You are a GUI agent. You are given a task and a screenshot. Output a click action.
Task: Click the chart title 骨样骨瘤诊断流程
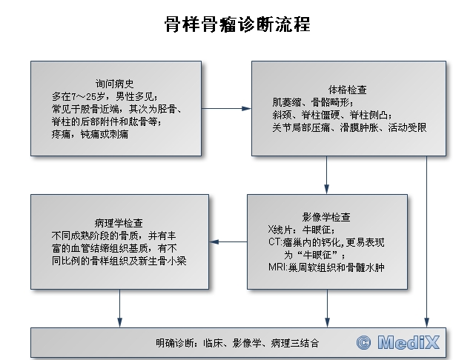[x=237, y=24]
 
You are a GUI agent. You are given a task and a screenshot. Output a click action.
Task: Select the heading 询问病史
[x=114, y=84]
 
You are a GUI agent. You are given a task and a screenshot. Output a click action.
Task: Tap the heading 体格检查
[x=347, y=90]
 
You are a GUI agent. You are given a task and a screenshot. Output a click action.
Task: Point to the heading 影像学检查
[x=326, y=217]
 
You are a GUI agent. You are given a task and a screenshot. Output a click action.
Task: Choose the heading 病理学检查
[x=119, y=223]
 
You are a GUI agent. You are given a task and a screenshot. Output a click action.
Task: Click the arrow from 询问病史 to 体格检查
[x=226, y=108]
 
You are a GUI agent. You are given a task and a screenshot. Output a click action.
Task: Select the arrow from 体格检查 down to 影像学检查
[x=327, y=175]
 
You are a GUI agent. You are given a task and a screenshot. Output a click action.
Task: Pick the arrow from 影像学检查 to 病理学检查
[x=228, y=241]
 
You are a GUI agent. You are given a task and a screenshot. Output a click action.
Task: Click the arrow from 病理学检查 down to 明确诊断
[x=119, y=308]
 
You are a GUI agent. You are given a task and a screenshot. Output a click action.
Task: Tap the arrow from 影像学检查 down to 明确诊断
[x=327, y=308]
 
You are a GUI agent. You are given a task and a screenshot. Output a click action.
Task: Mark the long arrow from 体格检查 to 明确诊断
[x=426, y=241]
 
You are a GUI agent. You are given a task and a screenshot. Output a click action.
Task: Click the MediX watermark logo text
[x=409, y=343]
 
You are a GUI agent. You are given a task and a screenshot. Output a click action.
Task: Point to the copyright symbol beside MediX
[x=364, y=343]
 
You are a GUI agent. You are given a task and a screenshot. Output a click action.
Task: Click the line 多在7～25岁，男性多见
[x=105, y=96]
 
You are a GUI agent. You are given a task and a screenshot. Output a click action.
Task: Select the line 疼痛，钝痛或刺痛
[x=90, y=134]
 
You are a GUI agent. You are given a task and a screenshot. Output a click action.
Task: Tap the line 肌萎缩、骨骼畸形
[x=313, y=102]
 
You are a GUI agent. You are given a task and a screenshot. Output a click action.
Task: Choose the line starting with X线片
[x=302, y=230]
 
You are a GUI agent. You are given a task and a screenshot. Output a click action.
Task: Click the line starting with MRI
[x=327, y=267]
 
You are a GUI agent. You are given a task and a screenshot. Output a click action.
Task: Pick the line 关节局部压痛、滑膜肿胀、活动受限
[x=349, y=127]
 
